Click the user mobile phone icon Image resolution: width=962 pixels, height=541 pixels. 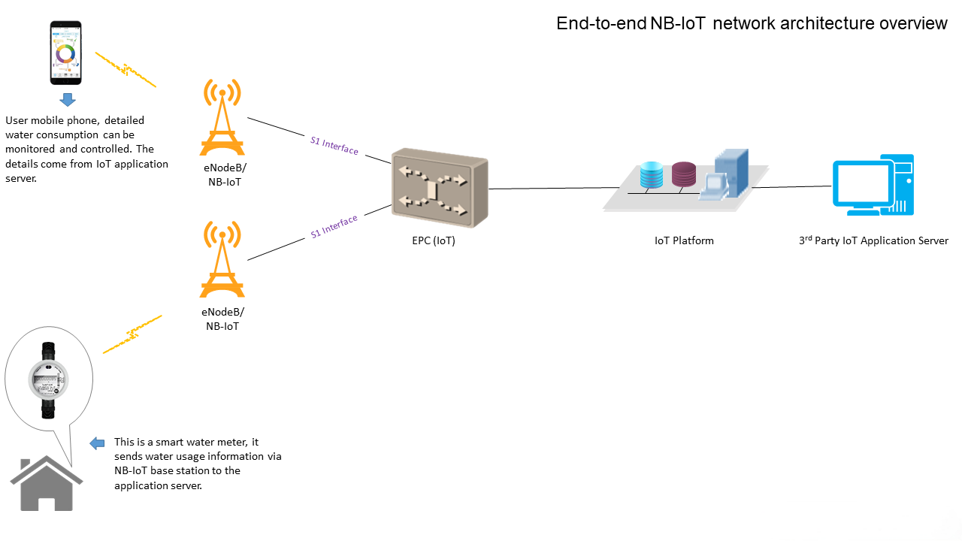[x=66, y=53]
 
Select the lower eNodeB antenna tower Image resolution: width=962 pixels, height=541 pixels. [x=222, y=260]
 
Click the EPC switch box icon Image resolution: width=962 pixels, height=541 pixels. [x=440, y=192]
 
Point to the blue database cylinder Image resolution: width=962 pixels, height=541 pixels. [x=651, y=175]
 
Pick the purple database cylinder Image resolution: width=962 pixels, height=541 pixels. [x=683, y=174]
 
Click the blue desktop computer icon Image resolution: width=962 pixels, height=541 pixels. [x=873, y=185]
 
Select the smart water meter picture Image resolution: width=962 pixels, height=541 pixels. [x=48, y=380]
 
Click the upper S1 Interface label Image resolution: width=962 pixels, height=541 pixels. [x=334, y=145]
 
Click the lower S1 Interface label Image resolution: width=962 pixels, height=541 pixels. [x=334, y=227]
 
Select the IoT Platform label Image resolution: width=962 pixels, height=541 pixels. [x=684, y=241]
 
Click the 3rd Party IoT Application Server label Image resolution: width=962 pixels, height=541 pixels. [x=873, y=241]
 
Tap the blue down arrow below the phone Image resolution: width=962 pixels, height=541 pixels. [x=67, y=101]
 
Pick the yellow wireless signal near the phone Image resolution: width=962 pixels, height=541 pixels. [x=126, y=70]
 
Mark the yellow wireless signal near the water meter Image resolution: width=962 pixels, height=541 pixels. [x=132, y=334]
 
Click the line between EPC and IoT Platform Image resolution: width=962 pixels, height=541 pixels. [x=545, y=188]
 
